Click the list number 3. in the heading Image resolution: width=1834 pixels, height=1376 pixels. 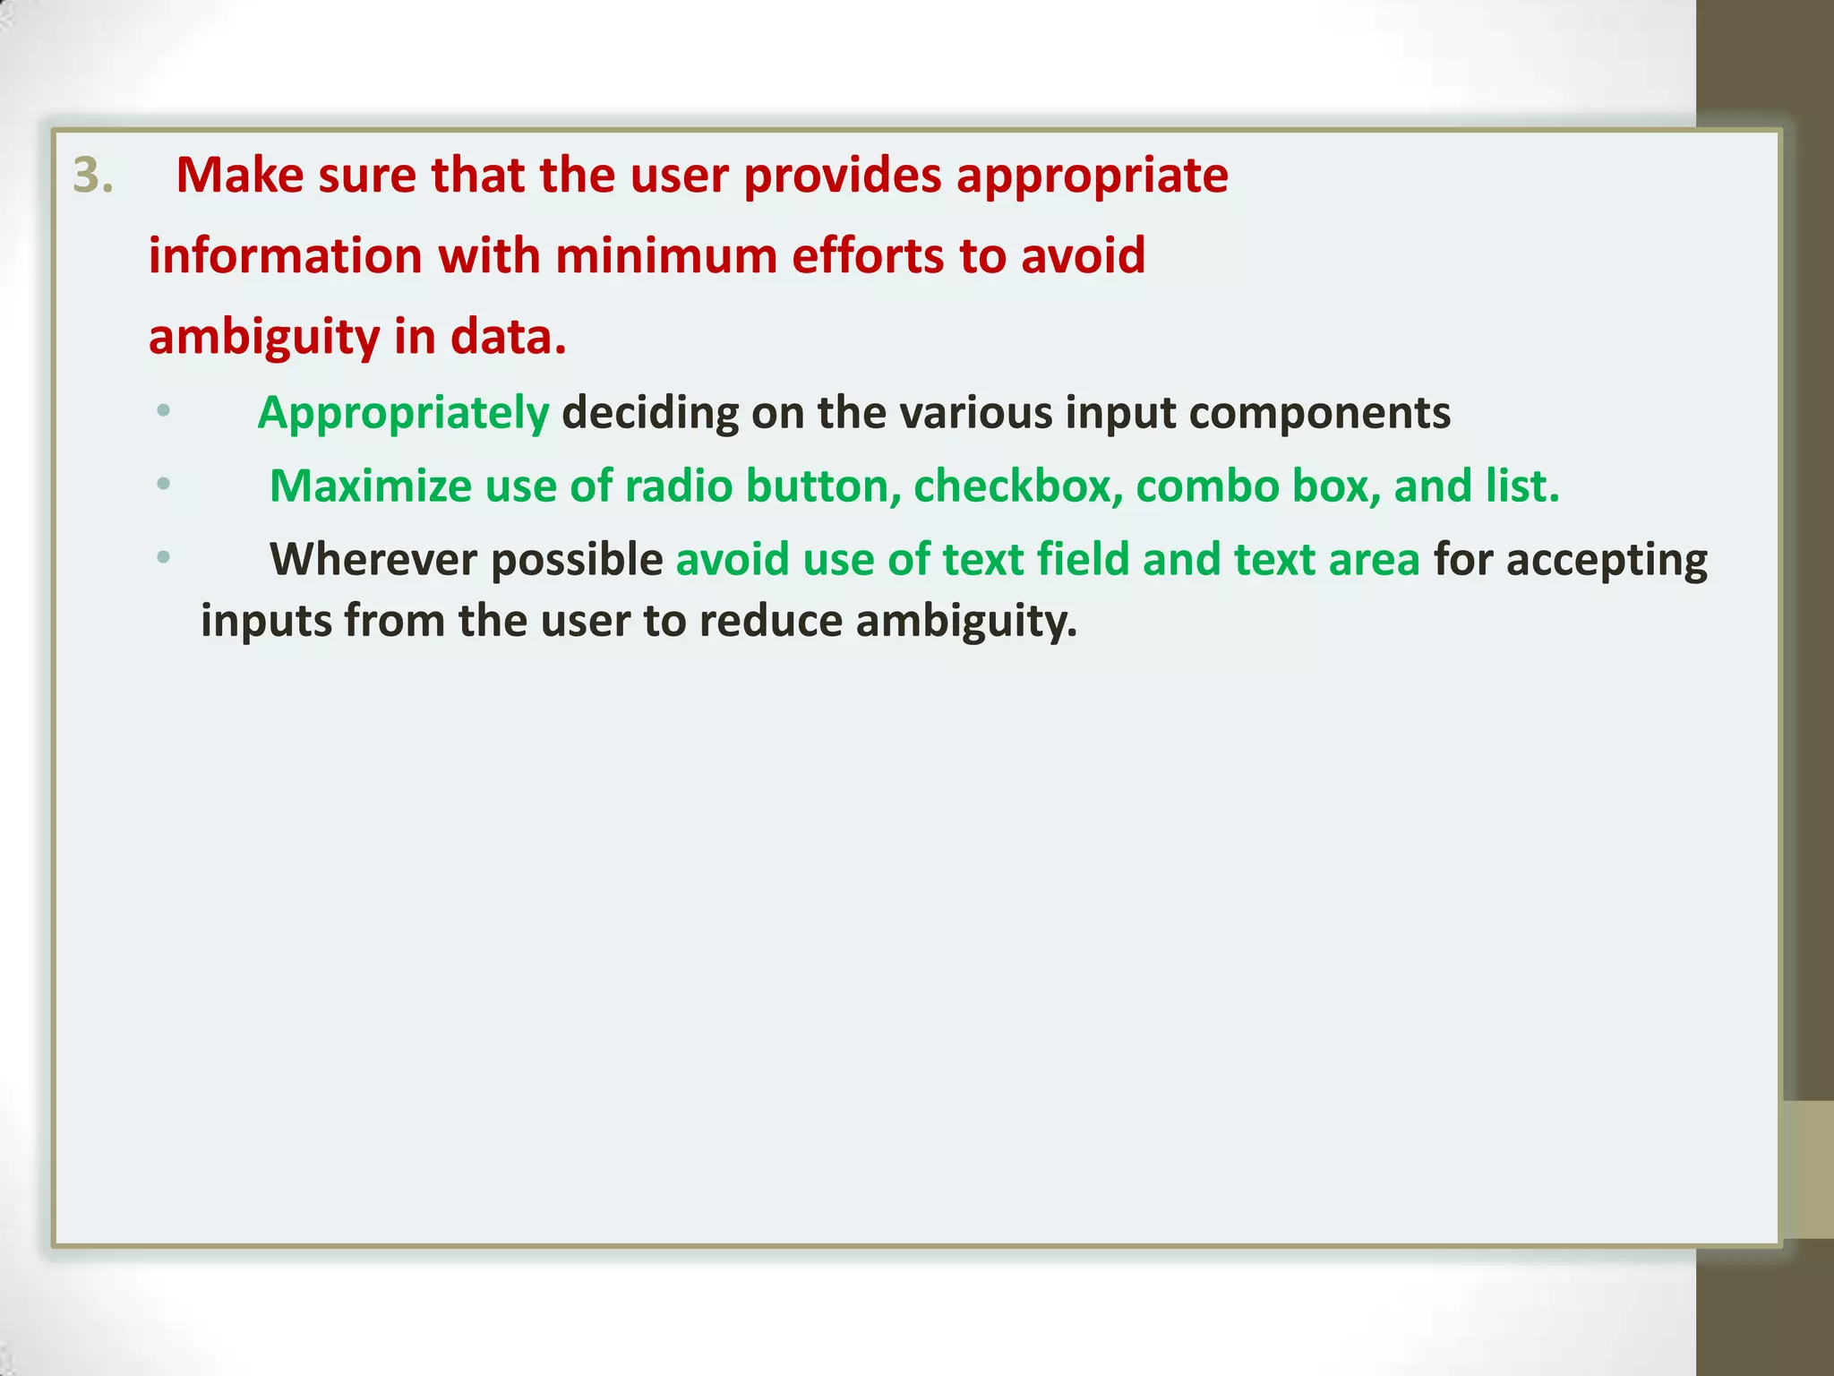[93, 176]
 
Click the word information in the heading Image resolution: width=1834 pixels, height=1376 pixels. [285, 256]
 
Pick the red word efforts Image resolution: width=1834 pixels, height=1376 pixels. [867, 256]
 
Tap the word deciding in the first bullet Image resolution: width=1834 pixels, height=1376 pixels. [650, 413]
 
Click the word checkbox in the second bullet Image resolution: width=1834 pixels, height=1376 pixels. [1017, 486]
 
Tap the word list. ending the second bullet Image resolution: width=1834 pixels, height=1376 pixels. [1521, 486]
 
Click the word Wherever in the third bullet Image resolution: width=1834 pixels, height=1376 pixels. [373, 560]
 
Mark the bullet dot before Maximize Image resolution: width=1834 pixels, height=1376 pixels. [163, 485]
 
